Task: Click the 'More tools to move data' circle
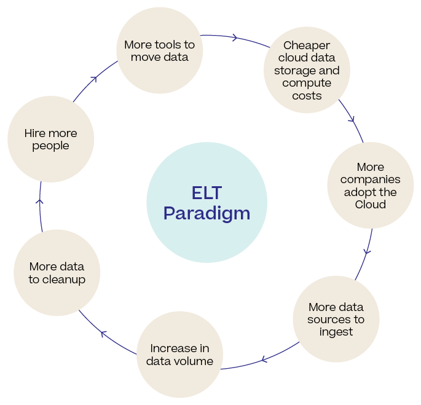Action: (159, 51)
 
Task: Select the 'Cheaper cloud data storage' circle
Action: (307, 70)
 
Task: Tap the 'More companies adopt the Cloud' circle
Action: (370, 185)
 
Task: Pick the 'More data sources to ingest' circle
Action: (336, 319)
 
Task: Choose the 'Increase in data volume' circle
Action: (179, 355)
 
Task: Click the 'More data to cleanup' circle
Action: (57, 273)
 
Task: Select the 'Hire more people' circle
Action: (50, 139)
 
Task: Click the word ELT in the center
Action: (207, 193)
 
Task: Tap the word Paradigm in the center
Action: (207, 213)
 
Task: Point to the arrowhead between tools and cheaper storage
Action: (235, 37)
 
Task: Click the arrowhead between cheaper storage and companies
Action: (352, 118)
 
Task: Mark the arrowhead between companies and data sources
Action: (367, 251)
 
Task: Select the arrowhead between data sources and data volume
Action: (264, 358)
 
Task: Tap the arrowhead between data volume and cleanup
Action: (103, 334)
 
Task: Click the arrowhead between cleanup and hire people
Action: (40, 200)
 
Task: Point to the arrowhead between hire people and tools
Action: (94, 78)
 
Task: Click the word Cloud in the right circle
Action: (370, 204)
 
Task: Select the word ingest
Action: (336, 332)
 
